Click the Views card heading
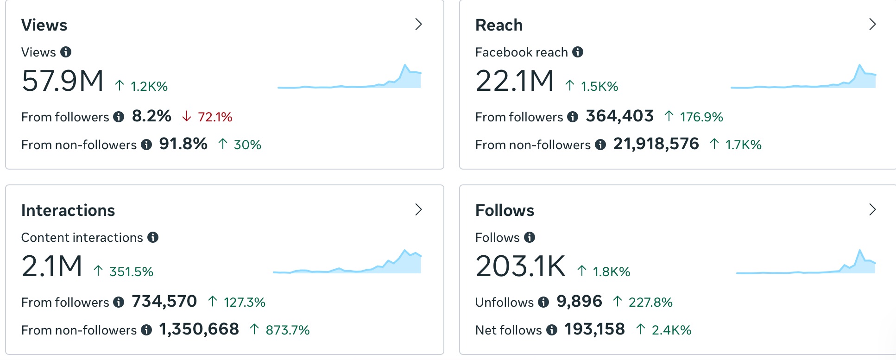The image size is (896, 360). tap(44, 25)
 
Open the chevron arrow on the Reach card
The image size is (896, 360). tap(872, 24)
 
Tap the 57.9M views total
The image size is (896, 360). tap(63, 81)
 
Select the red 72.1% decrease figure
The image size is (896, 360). tap(215, 117)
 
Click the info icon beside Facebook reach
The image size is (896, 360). tap(577, 52)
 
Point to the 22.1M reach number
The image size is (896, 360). tap(514, 81)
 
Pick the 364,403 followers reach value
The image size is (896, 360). tap(619, 116)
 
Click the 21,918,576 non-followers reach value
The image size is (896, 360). tap(656, 144)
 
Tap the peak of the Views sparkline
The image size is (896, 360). tap(405, 65)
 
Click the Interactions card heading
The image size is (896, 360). tap(68, 210)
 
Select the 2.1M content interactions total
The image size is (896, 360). tap(52, 266)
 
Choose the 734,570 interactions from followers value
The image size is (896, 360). tap(164, 302)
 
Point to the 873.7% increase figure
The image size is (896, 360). tap(287, 330)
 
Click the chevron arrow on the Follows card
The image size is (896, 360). tap(872, 209)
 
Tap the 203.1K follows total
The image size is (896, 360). tap(520, 266)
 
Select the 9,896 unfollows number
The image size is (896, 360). tap(579, 302)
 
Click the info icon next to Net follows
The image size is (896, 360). tap(551, 330)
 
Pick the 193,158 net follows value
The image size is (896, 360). tap(594, 329)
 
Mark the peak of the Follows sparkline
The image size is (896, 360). tap(860, 251)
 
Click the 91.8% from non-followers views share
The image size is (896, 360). tap(183, 144)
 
